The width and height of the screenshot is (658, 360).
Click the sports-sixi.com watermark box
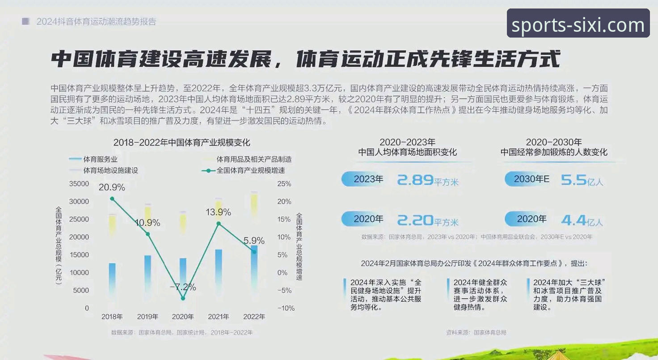click(578, 23)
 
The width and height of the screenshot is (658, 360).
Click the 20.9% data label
click(112, 187)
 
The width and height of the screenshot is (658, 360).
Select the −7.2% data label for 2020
click(183, 287)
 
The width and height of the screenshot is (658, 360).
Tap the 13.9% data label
click(218, 212)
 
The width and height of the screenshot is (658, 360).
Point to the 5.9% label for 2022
click(254, 241)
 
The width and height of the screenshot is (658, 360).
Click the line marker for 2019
click(148, 234)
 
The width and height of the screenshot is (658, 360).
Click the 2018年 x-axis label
click(112, 317)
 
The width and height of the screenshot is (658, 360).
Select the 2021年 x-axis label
click(219, 317)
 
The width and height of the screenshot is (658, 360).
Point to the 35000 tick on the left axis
click(79, 184)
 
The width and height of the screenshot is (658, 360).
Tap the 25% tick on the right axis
click(284, 184)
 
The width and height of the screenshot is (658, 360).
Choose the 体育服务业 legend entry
click(100, 159)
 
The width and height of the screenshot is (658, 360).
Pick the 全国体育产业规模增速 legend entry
click(250, 170)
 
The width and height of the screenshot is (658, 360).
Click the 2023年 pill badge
click(364, 179)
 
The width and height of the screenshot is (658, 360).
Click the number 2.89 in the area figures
click(415, 180)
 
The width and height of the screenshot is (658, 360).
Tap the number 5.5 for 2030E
click(574, 180)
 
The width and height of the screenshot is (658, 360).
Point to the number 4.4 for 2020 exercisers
click(574, 220)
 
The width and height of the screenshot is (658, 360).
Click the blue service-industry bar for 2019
click(148, 273)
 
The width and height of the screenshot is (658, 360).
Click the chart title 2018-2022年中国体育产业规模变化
click(181, 143)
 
